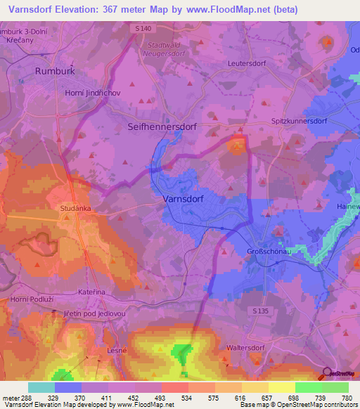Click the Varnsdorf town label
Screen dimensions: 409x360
[x=188, y=199]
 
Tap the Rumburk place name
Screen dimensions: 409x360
[x=55, y=71]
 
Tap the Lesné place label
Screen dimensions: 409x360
[x=116, y=350]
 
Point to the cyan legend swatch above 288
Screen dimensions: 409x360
[x=41, y=387]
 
